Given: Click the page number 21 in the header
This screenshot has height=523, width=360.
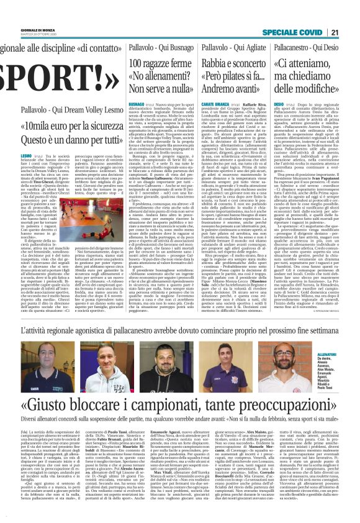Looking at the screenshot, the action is (351, 15).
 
